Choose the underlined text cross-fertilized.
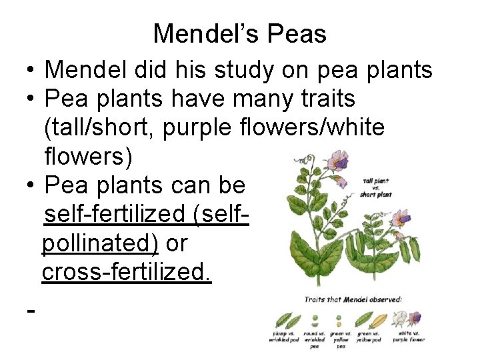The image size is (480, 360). (x=127, y=273)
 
